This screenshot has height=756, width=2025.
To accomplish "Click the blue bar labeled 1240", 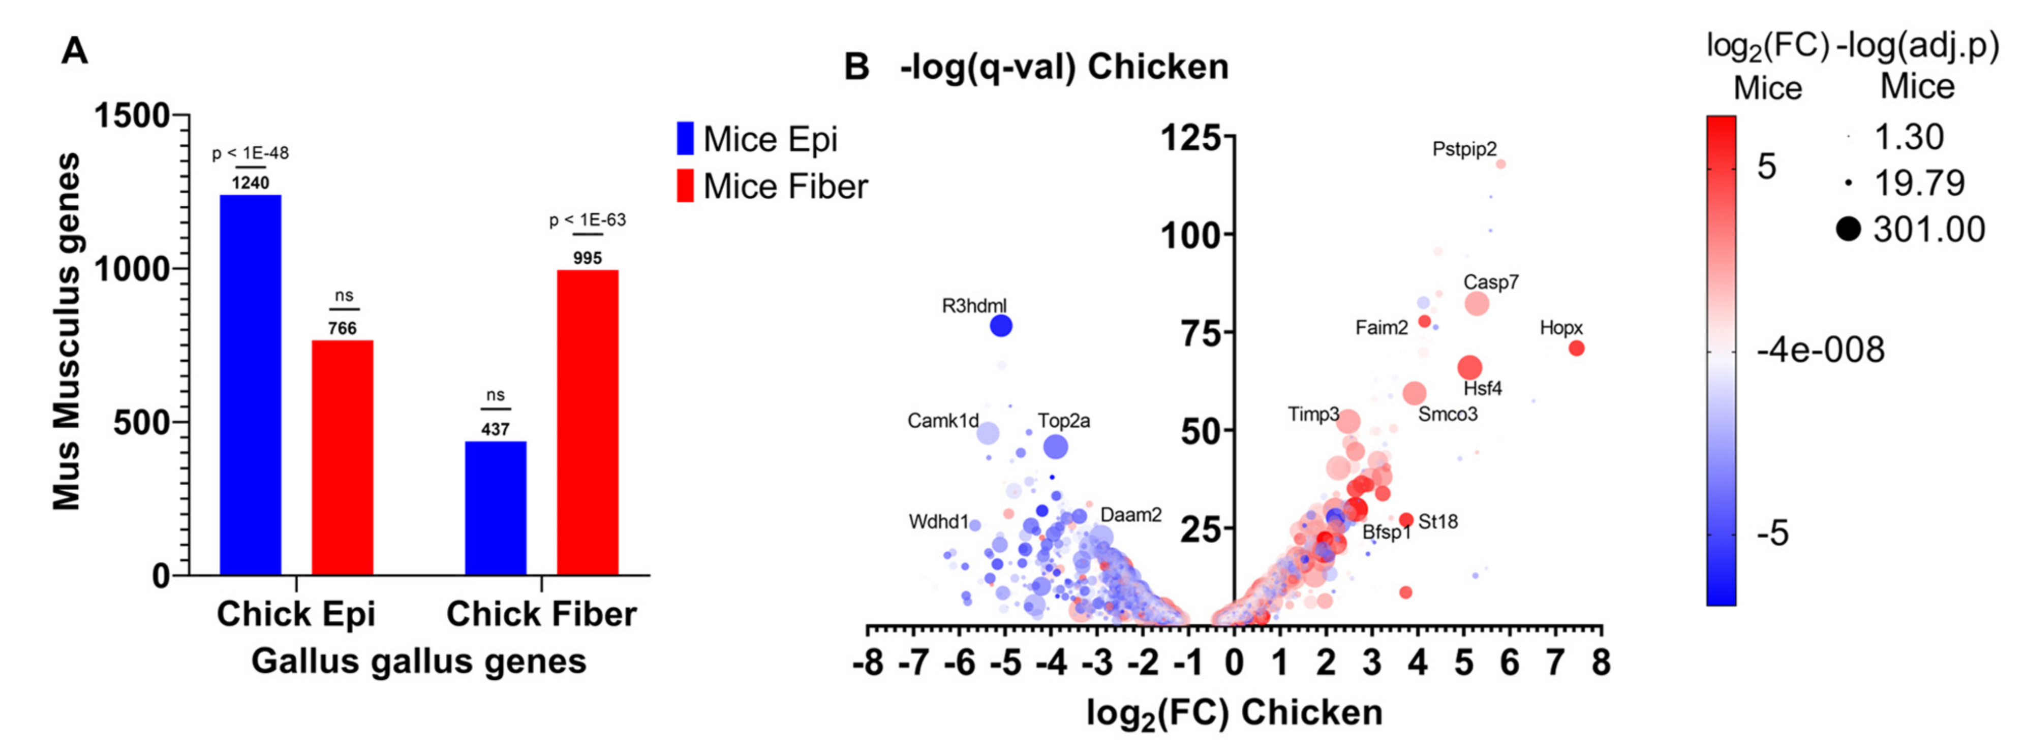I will click(250, 385).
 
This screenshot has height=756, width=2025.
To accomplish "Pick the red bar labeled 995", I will click(587, 423).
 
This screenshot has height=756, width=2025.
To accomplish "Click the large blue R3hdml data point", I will click(1001, 325).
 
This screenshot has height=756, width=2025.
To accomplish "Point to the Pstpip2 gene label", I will click(1464, 148).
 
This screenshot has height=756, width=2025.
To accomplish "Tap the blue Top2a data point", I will click(1055, 447).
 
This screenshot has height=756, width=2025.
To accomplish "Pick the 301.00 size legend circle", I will click(1849, 230).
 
